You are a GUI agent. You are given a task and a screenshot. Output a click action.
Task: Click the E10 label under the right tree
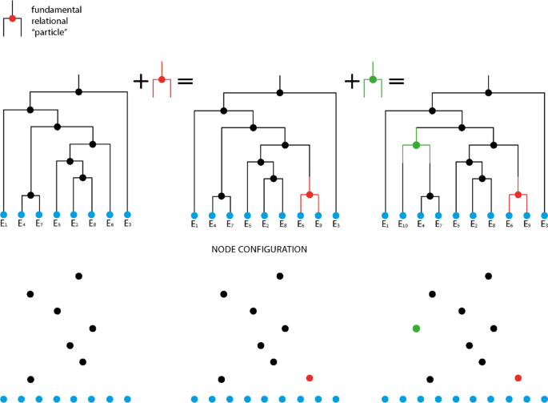[403, 225]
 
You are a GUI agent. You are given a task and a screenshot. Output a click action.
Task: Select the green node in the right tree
[416, 145]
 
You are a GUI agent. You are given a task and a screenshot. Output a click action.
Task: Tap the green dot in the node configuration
[416, 328]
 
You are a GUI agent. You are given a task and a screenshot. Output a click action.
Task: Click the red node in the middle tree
[309, 195]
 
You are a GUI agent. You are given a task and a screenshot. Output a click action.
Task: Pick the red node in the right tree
[518, 195]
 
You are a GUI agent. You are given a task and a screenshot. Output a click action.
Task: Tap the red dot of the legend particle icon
[12, 18]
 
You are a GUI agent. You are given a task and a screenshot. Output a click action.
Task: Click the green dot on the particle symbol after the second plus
[372, 79]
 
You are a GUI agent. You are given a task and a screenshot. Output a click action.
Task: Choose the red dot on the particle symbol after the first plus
[162, 79]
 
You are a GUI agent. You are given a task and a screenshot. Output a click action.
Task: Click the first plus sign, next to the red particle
[142, 80]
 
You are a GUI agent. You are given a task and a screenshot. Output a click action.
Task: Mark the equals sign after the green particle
[395, 81]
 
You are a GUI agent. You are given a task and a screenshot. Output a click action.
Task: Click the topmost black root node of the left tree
[78, 92]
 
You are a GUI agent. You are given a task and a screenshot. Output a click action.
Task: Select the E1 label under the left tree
[4, 225]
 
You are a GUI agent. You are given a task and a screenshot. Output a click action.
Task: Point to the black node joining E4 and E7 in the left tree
[30, 195]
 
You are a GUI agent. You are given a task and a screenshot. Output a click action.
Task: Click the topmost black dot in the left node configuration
[78, 276]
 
